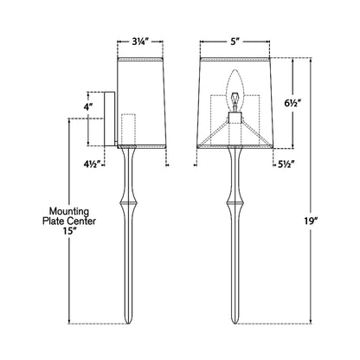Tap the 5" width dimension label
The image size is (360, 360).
pos(231,40)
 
